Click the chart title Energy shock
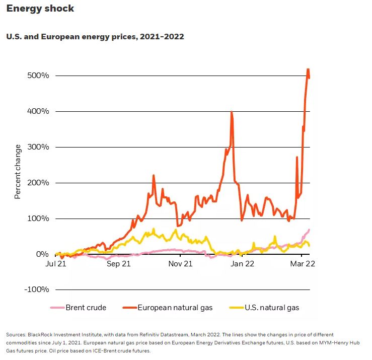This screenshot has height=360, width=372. (x=40, y=9)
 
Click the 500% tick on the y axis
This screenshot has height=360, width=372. (x=38, y=76)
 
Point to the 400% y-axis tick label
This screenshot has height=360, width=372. (x=38, y=111)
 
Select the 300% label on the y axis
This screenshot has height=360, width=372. (x=38, y=147)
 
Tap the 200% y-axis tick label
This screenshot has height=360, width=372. (x=38, y=183)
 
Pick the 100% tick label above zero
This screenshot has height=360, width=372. (x=38, y=219)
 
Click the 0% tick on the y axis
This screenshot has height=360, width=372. (x=42, y=254)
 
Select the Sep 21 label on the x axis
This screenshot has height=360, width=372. (x=119, y=264)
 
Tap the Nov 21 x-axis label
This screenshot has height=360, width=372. (x=180, y=264)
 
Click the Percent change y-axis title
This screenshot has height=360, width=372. (x=18, y=171)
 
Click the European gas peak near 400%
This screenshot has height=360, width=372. (x=231, y=112)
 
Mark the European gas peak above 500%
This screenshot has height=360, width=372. (x=308, y=69)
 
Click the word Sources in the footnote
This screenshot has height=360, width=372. (x=17, y=334)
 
